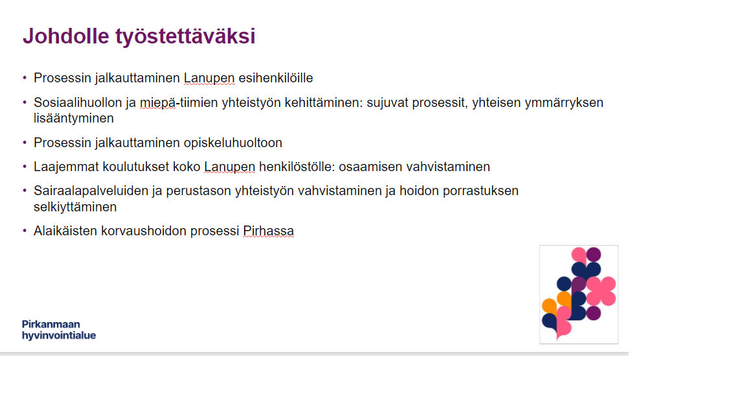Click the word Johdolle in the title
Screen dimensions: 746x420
pos(65,36)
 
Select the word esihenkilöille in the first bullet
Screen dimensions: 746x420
pos(275,78)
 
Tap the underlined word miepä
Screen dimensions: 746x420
pos(157,103)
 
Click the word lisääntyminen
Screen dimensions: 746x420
pos(74,118)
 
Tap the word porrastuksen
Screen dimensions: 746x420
pos(480,191)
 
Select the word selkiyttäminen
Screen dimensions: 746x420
pos(75,207)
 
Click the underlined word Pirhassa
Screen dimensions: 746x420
pos(268,231)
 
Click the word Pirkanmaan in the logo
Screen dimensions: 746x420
pos(51,324)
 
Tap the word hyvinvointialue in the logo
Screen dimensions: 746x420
pos(59,336)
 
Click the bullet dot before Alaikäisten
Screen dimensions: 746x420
pos(25,231)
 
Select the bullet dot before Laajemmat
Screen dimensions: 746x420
pos(25,167)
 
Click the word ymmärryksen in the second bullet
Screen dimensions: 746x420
pos(564,103)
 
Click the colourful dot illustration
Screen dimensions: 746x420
pos(578,294)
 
